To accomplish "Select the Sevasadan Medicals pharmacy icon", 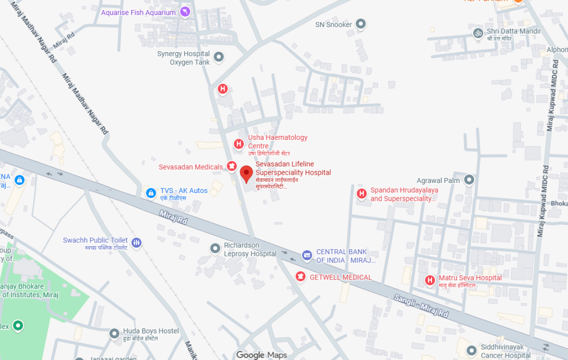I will pyautogui.click(x=231, y=166).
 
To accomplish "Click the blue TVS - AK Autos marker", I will pyautogui.click(x=150, y=192).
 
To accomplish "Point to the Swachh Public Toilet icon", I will pyautogui.click(x=137, y=242).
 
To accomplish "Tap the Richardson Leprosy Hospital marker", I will pyautogui.click(x=215, y=247).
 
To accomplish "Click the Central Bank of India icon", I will pyautogui.click(x=307, y=255).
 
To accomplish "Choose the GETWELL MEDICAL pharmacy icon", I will pyautogui.click(x=301, y=276).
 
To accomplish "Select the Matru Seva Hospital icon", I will pyautogui.click(x=429, y=280).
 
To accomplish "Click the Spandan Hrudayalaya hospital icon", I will pyautogui.click(x=361, y=194).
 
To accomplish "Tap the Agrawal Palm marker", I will pyautogui.click(x=469, y=180).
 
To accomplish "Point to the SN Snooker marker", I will pyautogui.click(x=361, y=24).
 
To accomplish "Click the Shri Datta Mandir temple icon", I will pyautogui.click(x=476, y=34).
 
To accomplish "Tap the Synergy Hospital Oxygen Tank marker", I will pyautogui.click(x=219, y=57).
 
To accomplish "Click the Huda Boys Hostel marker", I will pyautogui.click(x=114, y=333).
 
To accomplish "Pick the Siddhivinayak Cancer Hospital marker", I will pyautogui.click(x=471, y=350).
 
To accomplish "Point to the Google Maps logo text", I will pyautogui.click(x=261, y=354).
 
